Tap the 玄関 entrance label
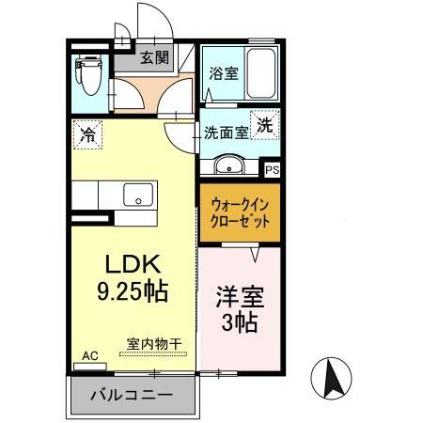pos(155,58)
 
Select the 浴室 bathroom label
pos(223,71)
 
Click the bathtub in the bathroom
pos(259,75)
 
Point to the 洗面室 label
pos(227,133)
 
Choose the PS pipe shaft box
pos(273,169)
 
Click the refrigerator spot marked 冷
pos(87,133)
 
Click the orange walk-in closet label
pos(240,211)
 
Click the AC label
pos(90,355)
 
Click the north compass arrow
pos(331,380)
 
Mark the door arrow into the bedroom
pos(255,251)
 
